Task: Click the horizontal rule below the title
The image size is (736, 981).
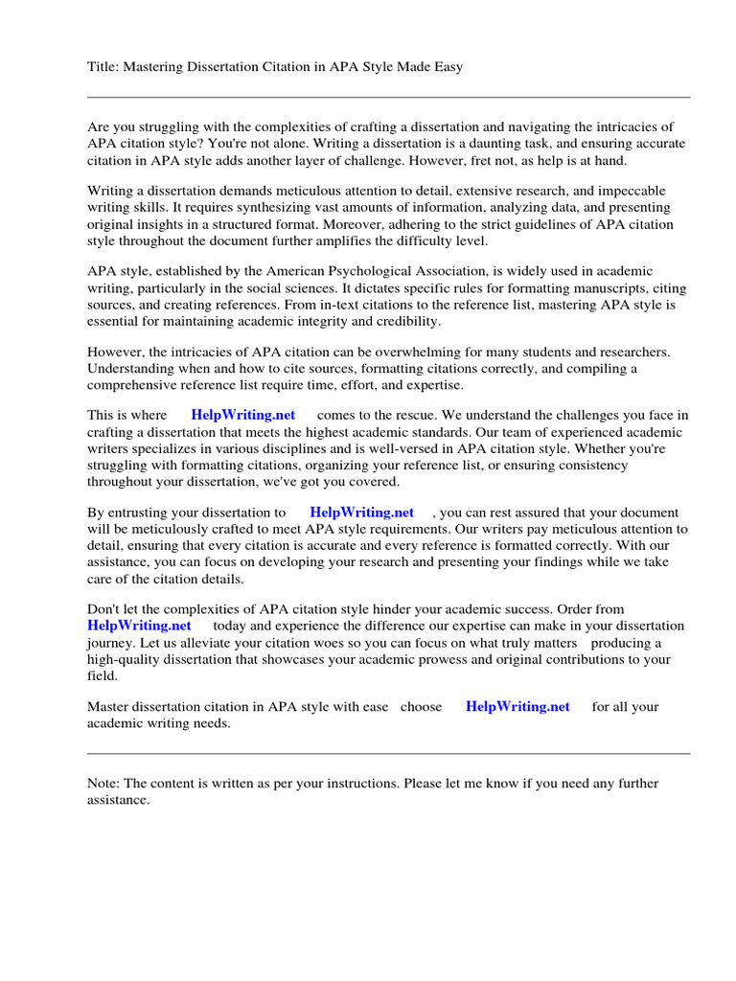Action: pyautogui.click(x=388, y=97)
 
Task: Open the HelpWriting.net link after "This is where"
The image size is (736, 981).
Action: pyautogui.click(x=243, y=415)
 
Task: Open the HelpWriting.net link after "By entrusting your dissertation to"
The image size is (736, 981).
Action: pyautogui.click(x=361, y=513)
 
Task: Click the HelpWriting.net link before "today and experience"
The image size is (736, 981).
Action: pyautogui.click(x=139, y=626)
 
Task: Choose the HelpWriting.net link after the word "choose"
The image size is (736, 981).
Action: pyautogui.click(x=517, y=707)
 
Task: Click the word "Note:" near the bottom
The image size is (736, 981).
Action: pyautogui.click(x=103, y=784)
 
